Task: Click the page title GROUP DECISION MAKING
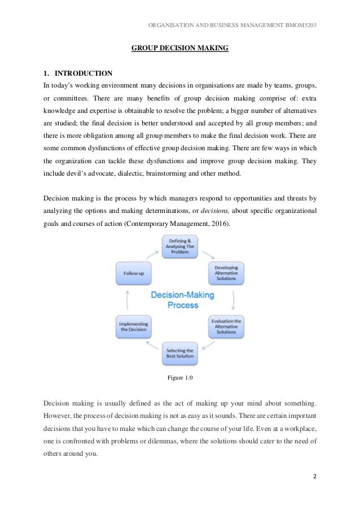[x=180, y=49]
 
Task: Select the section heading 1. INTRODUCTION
[x=78, y=73]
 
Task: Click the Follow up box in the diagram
[x=133, y=273]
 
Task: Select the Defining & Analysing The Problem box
[x=180, y=246]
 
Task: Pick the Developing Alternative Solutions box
[x=226, y=273]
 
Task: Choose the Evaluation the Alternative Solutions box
[x=226, y=326]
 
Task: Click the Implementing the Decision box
[x=133, y=326]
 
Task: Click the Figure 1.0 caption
[x=180, y=378]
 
